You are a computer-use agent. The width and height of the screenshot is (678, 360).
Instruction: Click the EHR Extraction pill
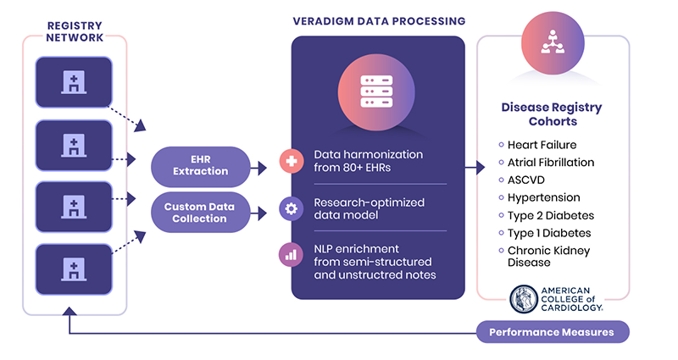click(x=200, y=166)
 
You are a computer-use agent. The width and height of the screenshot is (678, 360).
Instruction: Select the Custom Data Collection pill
click(x=200, y=213)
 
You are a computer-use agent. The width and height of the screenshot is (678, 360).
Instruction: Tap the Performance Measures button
click(x=553, y=332)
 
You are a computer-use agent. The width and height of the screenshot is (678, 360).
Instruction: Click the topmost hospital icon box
click(x=74, y=82)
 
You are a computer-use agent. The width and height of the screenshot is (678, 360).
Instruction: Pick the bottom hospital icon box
click(x=74, y=269)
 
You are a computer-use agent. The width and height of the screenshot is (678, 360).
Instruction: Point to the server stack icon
click(x=376, y=91)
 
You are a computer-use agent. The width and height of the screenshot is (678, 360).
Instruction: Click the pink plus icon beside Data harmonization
click(x=291, y=161)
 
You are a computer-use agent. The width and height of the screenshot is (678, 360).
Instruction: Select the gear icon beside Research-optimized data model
click(x=291, y=208)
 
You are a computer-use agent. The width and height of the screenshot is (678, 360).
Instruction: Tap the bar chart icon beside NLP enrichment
click(x=291, y=255)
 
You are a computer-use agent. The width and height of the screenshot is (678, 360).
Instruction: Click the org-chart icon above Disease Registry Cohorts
click(x=553, y=42)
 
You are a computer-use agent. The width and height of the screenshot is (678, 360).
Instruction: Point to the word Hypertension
click(x=543, y=197)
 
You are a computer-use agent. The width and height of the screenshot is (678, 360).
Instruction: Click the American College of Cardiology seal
click(x=524, y=299)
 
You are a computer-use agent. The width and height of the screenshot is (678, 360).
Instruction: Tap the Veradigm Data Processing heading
click(x=379, y=21)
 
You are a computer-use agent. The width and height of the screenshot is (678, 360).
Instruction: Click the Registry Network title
click(x=75, y=31)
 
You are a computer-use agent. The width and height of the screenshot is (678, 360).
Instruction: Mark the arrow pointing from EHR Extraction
click(x=258, y=168)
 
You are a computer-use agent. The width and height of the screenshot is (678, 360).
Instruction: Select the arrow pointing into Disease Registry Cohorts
click(x=475, y=167)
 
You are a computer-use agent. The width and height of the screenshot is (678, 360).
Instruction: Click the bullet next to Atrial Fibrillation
click(x=501, y=163)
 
